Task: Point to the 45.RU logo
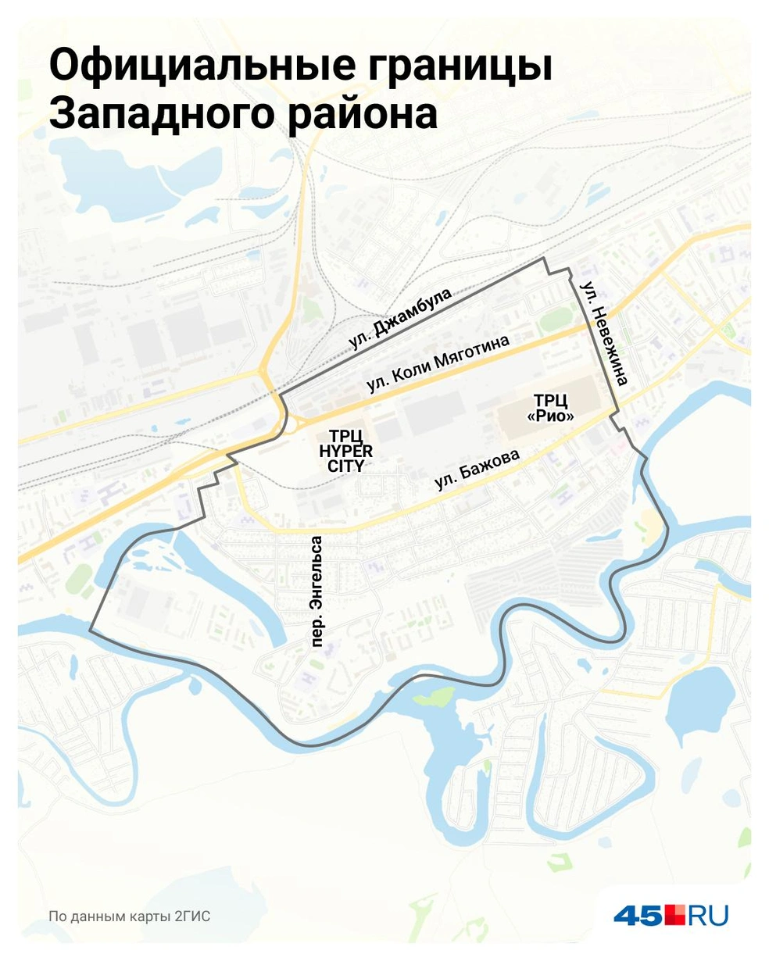tap(671, 915)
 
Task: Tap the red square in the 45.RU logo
tap(674, 914)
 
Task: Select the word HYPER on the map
tap(345, 451)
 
